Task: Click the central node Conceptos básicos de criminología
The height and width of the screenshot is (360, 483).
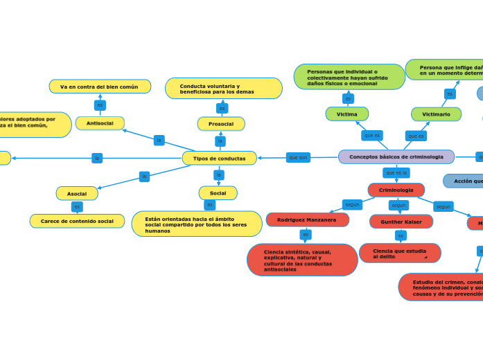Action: coord(396,157)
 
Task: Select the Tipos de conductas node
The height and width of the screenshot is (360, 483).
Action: coord(219,159)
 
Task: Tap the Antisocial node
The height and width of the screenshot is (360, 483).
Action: coord(100,123)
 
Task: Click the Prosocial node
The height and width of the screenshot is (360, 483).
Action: coord(220,124)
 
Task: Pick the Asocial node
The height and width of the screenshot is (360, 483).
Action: coord(77,193)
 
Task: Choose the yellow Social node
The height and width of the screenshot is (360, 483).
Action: coord(218,193)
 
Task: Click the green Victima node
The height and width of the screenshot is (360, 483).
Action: coord(346,114)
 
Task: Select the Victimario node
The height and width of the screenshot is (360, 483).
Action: coord(436,114)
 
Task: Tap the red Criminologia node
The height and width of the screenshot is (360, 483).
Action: coord(396,190)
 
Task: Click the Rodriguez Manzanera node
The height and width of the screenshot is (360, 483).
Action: coord(307,219)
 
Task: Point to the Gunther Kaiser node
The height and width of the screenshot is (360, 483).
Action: coord(401,222)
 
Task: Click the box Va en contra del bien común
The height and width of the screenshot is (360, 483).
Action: coord(99,87)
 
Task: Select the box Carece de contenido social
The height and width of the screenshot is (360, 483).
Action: coord(77,221)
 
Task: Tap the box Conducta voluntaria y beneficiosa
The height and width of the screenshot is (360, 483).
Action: coord(223,89)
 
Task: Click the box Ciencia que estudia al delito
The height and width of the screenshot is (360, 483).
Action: coord(399,253)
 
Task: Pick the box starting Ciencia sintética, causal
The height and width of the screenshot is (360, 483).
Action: coord(302,260)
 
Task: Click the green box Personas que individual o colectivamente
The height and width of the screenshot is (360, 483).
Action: coord(349,77)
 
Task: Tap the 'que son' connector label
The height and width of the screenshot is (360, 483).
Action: coord(298,158)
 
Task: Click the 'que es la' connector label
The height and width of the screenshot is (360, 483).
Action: coord(396,172)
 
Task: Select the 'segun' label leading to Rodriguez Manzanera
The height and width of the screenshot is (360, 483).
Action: coord(352,205)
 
